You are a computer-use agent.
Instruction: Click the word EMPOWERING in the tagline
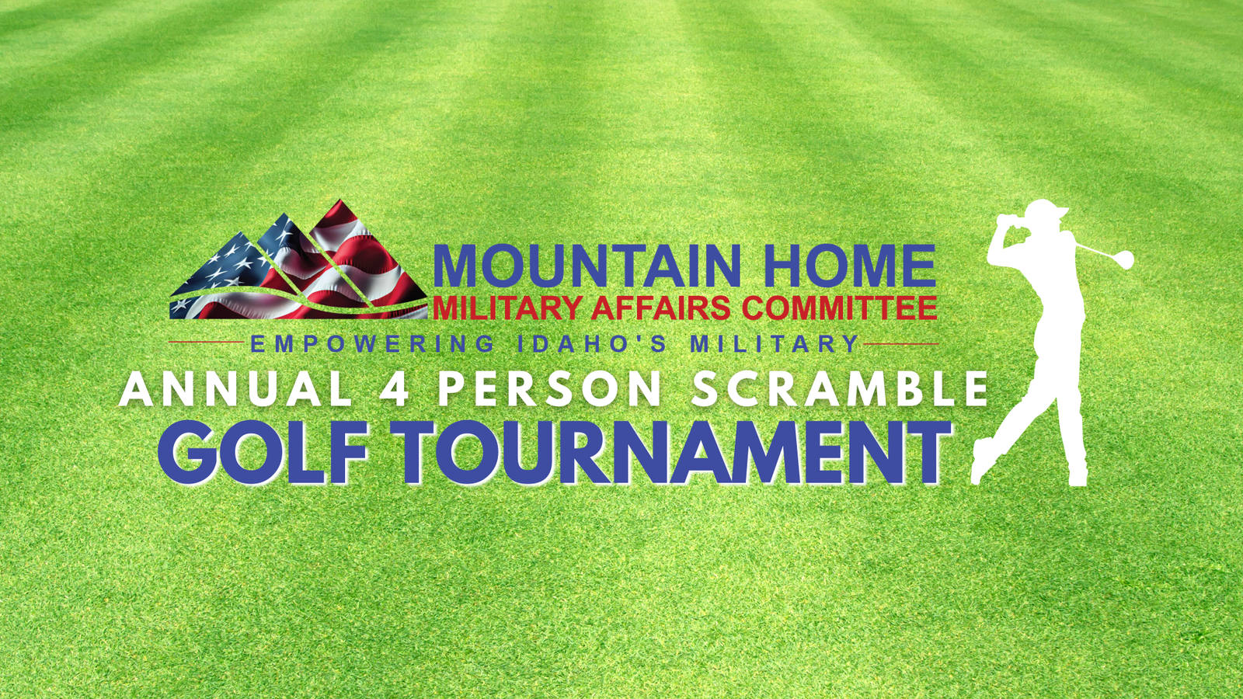click(x=372, y=344)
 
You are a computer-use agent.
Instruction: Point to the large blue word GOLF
click(x=263, y=452)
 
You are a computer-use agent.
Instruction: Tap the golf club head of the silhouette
click(x=1126, y=259)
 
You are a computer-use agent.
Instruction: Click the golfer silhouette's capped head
click(x=1043, y=215)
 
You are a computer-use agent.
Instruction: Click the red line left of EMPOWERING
click(x=207, y=343)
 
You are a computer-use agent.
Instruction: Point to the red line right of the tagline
click(x=900, y=344)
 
